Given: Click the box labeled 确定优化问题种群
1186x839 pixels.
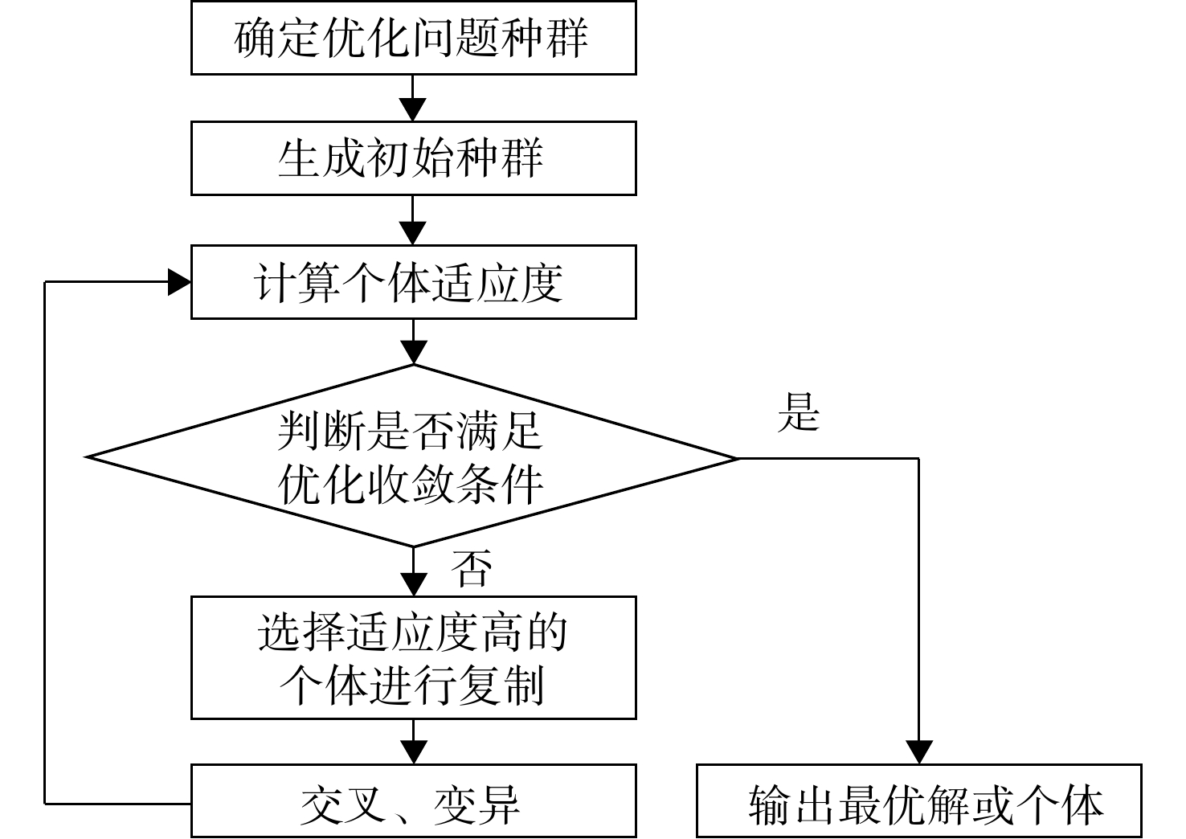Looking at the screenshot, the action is (x=414, y=38).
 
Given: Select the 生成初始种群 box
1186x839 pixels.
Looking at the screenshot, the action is (x=414, y=158).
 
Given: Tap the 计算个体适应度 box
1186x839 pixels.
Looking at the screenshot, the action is (x=414, y=282).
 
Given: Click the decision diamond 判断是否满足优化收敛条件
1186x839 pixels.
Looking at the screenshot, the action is (x=412, y=456).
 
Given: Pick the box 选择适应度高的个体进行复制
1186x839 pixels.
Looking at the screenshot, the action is (x=414, y=658).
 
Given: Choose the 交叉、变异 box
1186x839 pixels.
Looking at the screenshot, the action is (x=414, y=801).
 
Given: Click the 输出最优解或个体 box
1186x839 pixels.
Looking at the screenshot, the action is (x=918, y=801).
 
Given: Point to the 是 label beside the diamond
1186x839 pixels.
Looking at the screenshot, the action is (x=799, y=411).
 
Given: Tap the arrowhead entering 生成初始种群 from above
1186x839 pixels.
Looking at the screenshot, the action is (x=412, y=109).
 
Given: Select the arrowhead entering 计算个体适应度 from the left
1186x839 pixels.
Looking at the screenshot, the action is (x=179, y=282).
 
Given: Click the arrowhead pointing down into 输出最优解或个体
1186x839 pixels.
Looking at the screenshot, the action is (x=919, y=752).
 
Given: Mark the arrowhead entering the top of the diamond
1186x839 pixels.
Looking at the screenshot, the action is (x=413, y=353).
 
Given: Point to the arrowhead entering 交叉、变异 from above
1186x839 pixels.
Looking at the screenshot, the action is (x=413, y=752).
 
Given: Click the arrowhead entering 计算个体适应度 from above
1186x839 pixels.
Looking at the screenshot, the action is (x=412, y=233).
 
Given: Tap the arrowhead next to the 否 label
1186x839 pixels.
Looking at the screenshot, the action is (x=413, y=585).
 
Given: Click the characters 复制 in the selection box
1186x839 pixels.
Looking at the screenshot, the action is (x=501, y=686).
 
